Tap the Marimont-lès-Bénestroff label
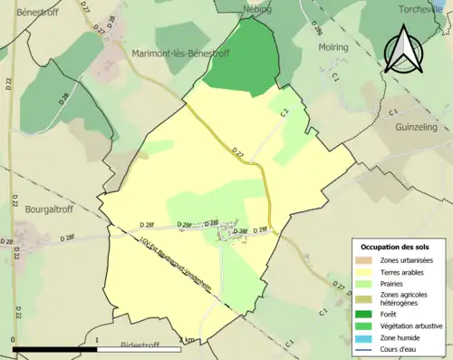click(180, 54)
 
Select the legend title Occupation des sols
click(399, 247)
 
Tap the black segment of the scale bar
click(54, 349)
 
